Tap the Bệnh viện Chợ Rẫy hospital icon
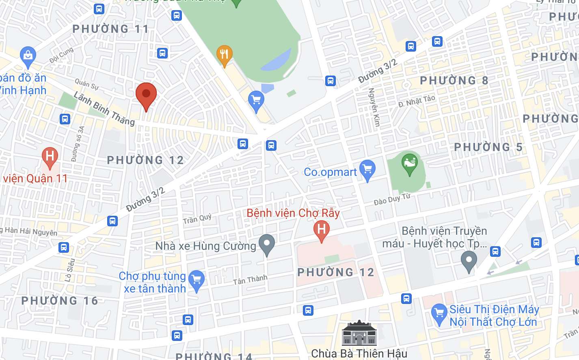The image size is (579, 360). [x=321, y=230]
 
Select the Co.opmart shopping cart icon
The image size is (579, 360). [x=367, y=169]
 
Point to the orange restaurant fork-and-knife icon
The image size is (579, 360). [x=224, y=54]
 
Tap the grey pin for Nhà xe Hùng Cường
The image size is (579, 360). [x=267, y=244]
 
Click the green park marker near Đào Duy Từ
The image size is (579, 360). [x=409, y=163]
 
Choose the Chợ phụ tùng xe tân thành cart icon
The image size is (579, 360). [x=197, y=280]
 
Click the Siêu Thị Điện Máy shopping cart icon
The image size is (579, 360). [x=439, y=314]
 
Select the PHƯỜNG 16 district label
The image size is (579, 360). [x=60, y=301]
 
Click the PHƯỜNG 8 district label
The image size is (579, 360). [x=454, y=80]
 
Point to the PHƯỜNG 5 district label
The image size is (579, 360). [x=488, y=147]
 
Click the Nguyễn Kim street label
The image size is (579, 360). [x=374, y=107]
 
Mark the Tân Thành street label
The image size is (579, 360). [x=250, y=280]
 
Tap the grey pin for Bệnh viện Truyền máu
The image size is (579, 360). [x=469, y=260]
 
